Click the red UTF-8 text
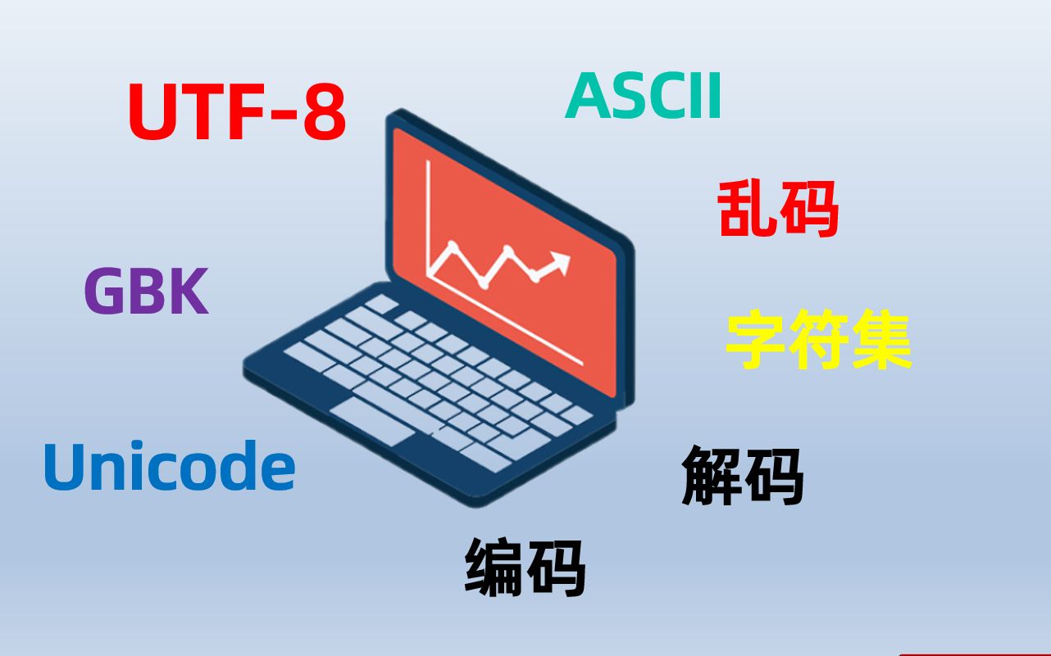pyautogui.click(x=237, y=111)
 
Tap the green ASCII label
pyautogui.click(x=644, y=96)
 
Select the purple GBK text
pyautogui.click(x=147, y=290)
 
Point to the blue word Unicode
pyautogui.click(x=170, y=466)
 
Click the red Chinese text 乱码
pyautogui.click(x=778, y=209)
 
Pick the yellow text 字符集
pyautogui.click(x=819, y=339)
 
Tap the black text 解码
pyautogui.click(x=743, y=476)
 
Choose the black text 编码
pyautogui.click(x=525, y=568)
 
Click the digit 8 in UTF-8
pyautogui.click(x=325, y=111)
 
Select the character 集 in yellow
pyautogui.click(x=882, y=339)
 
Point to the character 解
pyautogui.click(x=712, y=476)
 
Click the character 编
pyautogui.click(x=494, y=568)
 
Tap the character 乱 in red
pyautogui.click(x=747, y=209)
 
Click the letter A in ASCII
pyautogui.click(x=586, y=96)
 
